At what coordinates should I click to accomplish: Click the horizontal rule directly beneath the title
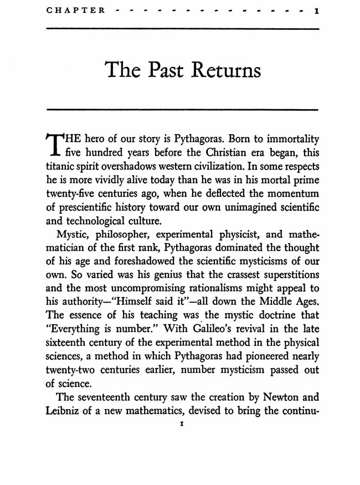(180, 109)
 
